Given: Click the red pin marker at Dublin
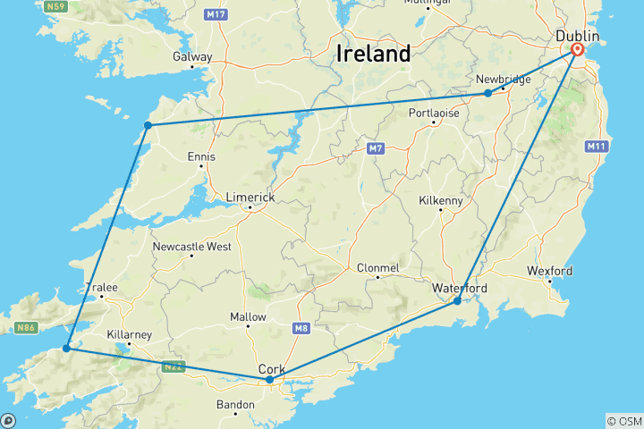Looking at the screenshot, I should pos(578,51).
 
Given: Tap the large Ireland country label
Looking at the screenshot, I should pos(374,54).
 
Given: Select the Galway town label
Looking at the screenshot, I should pos(193,57).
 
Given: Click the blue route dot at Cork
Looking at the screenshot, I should pos(270,380).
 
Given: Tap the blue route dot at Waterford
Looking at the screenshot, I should pos(457,301).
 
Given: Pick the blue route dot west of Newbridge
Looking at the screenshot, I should pos(487,93).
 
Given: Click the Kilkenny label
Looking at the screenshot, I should pos(441,201).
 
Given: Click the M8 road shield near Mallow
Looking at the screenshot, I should pos(300,330).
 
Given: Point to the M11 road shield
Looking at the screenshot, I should pos(597,146).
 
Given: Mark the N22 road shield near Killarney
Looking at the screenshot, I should pos(174,366).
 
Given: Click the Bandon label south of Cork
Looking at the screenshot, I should pos(235,405).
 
